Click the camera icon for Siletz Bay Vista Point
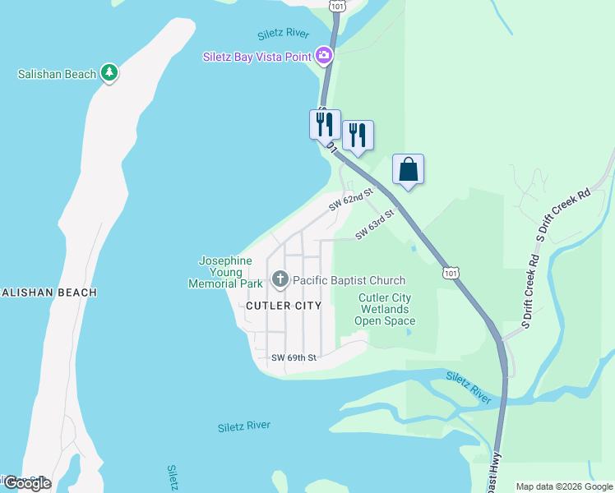click(324, 56)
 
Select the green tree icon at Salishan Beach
click(109, 73)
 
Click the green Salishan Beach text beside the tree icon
click(57, 74)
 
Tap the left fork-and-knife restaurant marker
click(325, 125)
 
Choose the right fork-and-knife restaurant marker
click(358, 135)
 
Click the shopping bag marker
click(408, 170)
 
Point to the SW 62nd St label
click(351, 200)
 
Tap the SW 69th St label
click(294, 358)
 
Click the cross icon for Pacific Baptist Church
click(280, 280)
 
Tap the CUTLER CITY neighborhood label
click(284, 305)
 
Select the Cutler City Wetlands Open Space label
click(386, 310)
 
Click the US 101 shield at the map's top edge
click(337, 5)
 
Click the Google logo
click(26, 483)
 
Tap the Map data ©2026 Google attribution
click(563, 486)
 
